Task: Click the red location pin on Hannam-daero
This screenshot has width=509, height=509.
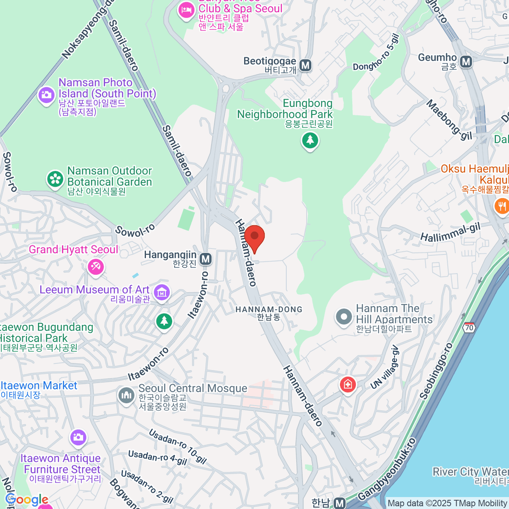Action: click(x=255, y=238)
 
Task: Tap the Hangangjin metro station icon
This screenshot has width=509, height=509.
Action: click(x=206, y=258)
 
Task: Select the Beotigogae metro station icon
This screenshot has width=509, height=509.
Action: click(x=305, y=65)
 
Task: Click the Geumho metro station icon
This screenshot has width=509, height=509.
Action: click(x=467, y=62)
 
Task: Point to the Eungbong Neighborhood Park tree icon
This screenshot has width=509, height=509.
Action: click(x=310, y=140)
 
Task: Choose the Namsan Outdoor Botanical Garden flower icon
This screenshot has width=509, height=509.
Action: click(x=55, y=179)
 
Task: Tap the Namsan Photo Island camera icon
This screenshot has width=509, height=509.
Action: click(x=46, y=94)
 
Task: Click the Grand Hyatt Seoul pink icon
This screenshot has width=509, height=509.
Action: click(x=96, y=267)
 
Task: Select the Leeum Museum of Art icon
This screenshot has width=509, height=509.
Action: click(x=162, y=292)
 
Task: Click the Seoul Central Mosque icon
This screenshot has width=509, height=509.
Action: click(x=126, y=396)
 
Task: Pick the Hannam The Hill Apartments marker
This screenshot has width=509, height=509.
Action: click(x=344, y=317)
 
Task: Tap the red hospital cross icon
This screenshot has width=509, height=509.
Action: click(x=348, y=385)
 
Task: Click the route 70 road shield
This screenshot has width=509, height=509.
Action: click(x=469, y=327)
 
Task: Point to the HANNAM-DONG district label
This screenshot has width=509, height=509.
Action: click(x=269, y=310)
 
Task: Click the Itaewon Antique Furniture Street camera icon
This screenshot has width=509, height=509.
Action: click(x=78, y=438)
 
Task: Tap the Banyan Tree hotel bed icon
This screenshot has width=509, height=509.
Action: click(x=186, y=10)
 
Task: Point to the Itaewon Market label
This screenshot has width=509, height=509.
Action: click(x=39, y=386)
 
